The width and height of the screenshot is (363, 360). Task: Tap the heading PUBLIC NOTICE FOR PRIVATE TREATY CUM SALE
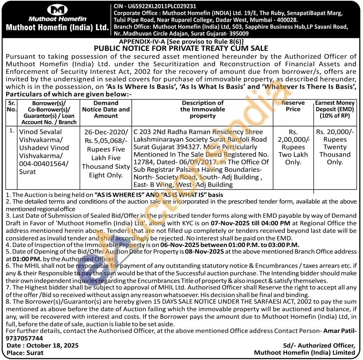point(181,48)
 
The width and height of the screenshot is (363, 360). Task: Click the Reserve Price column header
point(293,106)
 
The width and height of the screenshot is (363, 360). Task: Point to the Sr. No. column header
point(11,106)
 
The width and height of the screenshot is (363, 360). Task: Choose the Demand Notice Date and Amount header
point(106,109)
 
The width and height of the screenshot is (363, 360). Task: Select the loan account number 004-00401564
point(44,163)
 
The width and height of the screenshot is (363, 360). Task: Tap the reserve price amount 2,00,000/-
point(293,140)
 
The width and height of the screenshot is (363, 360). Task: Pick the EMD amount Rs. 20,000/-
point(335,132)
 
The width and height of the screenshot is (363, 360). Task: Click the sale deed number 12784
point(143,162)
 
